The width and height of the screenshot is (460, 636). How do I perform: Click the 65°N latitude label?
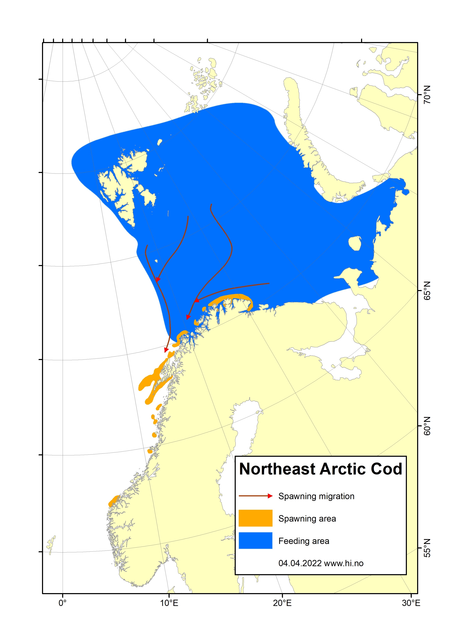[x=427, y=291]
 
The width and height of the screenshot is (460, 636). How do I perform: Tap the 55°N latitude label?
[x=427, y=548]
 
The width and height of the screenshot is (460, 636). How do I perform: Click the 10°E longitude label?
[x=169, y=603]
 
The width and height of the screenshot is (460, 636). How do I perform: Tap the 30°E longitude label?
[x=411, y=603]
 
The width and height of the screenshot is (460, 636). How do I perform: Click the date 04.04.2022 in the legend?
[x=300, y=563]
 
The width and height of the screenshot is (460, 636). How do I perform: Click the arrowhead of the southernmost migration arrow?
[x=166, y=350]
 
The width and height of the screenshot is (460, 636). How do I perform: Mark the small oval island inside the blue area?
[x=355, y=243]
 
